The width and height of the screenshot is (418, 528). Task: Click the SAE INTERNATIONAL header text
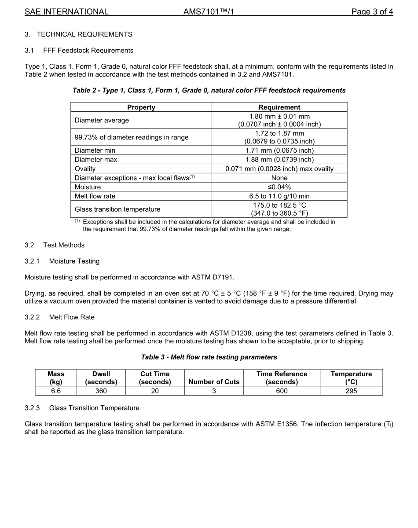click(x=66, y=12)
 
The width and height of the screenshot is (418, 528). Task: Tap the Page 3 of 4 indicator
click(x=372, y=12)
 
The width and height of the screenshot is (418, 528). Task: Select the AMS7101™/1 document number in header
click(x=209, y=12)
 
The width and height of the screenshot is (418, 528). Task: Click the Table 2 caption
click(x=209, y=90)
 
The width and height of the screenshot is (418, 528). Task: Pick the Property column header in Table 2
click(x=141, y=107)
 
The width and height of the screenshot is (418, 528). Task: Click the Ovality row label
click(x=85, y=169)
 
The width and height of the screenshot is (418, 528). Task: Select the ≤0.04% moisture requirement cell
click(x=279, y=187)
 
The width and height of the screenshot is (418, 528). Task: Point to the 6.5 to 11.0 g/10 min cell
click(x=279, y=196)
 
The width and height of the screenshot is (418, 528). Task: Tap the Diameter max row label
click(x=96, y=160)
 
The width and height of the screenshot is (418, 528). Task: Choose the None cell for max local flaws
click(x=279, y=178)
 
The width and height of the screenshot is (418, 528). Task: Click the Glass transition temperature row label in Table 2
click(x=117, y=209)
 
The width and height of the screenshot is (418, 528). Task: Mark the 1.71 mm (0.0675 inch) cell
click(x=279, y=150)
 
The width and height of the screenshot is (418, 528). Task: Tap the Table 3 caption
click(x=209, y=357)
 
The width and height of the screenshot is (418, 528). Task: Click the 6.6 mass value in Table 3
click(x=56, y=391)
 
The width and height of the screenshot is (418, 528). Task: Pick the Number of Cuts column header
click(x=214, y=382)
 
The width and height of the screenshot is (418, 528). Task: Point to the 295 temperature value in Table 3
click(x=351, y=391)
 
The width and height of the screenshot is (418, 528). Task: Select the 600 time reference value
click(x=282, y=391)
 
